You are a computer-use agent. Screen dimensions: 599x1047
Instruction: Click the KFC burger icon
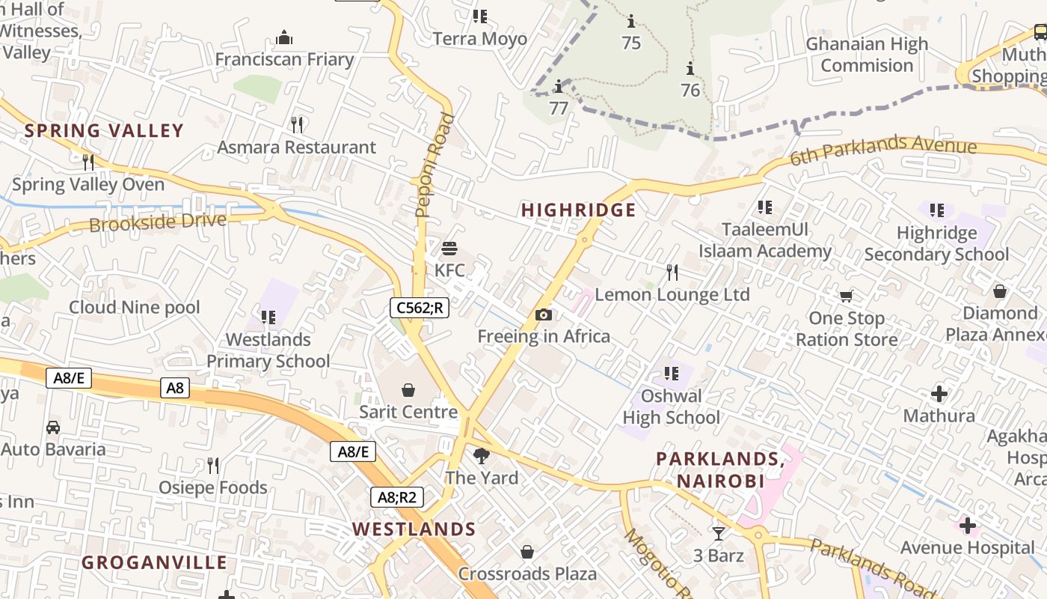click(449, 248)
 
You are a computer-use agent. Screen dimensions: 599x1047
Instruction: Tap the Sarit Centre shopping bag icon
click(408, 389)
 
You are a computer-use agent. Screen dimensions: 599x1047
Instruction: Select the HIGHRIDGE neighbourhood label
click(578, 210)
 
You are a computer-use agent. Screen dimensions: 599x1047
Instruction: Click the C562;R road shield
click(419, 307)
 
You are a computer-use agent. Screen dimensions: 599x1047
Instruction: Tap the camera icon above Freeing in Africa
click(544, 314)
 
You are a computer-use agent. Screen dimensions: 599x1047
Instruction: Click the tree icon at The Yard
click(482, 455)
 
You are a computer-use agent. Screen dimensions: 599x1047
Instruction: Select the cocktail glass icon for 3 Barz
click(718, 533)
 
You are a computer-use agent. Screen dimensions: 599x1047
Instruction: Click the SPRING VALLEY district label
click(103, 131)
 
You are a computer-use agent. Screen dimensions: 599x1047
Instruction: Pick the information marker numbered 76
click(690, 70)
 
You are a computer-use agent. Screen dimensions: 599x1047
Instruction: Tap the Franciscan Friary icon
click(284, 37)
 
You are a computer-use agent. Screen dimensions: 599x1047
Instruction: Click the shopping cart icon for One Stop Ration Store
click(846, 296)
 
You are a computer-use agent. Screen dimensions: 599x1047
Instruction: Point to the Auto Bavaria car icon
click(53, 427)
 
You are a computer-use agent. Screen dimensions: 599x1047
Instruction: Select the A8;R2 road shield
click(397, 497)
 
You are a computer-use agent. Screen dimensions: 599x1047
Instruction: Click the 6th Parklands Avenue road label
click(882, 151)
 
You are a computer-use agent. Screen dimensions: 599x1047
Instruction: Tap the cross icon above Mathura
click(939, 393)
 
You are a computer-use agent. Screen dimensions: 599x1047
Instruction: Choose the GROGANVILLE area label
click(154, 563)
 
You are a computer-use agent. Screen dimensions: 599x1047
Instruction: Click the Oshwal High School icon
click(671, 373)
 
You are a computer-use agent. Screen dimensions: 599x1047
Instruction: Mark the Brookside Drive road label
click(157, 222)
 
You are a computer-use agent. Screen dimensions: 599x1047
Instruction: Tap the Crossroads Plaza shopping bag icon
click(527, 552)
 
